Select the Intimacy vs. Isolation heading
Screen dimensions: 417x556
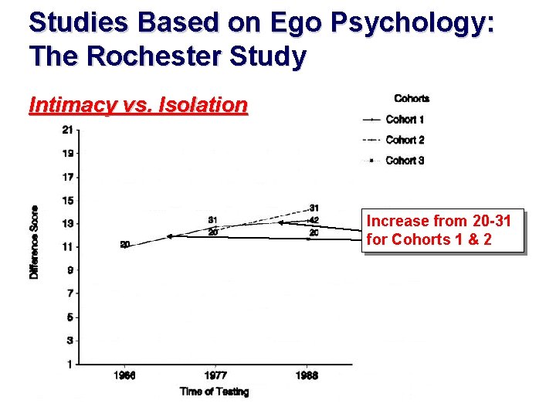coord(137,105)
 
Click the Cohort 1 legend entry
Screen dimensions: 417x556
coord(405,120)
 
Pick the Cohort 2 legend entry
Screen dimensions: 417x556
coord(405,140)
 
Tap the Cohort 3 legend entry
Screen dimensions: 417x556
coord(405,161)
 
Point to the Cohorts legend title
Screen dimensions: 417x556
coord(412,98)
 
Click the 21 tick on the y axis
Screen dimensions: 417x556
coord(69,129)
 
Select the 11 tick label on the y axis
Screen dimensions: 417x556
coord(69,246)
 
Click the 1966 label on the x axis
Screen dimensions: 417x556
coord(125,375)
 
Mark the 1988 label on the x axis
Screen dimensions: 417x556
coord(307,375)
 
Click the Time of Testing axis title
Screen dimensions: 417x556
coord(214,392)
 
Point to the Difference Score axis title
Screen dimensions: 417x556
coord(35,242)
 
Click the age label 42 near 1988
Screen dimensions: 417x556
coord(314,220)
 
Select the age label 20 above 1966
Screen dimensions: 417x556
coord(125,245)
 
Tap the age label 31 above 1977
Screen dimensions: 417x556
coord(212,220)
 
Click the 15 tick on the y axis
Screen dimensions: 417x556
coord(69,200)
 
